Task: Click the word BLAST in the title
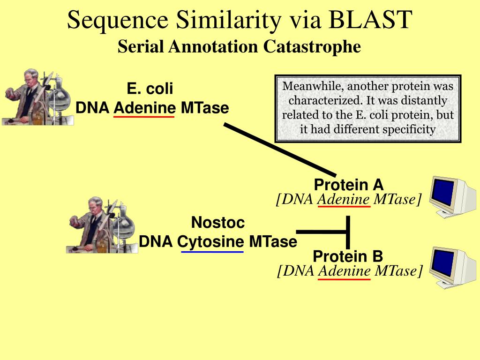click(371, 20)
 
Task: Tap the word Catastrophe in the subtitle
click(312, 47)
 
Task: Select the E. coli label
click(150, 89)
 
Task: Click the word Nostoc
click(218, 223)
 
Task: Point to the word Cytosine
click(210, 242)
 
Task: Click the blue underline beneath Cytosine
click(212, 252)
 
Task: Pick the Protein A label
click(349, 185)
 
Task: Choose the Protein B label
click(348, 256)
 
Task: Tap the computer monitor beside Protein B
click(452, 267)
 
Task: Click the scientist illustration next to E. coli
click(37, 97)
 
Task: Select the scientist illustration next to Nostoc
click(102, 225)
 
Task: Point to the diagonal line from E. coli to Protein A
click(280, 150)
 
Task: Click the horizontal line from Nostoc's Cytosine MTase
click(322, 232)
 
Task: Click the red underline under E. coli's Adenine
click(144, 117)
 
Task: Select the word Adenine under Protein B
click(345, 271)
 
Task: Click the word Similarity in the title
click(228, 20)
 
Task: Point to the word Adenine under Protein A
click(344, 200)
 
